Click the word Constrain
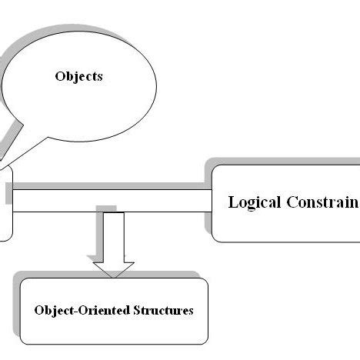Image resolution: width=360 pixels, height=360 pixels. [x=323, y=202]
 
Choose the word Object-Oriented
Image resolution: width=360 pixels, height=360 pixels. [x=79, y=311]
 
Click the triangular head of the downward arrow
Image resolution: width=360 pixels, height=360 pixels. [x=113, y=267]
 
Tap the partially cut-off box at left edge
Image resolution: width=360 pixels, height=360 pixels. [x=5, y=204]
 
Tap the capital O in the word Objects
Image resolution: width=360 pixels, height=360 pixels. [x=60, y=77]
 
